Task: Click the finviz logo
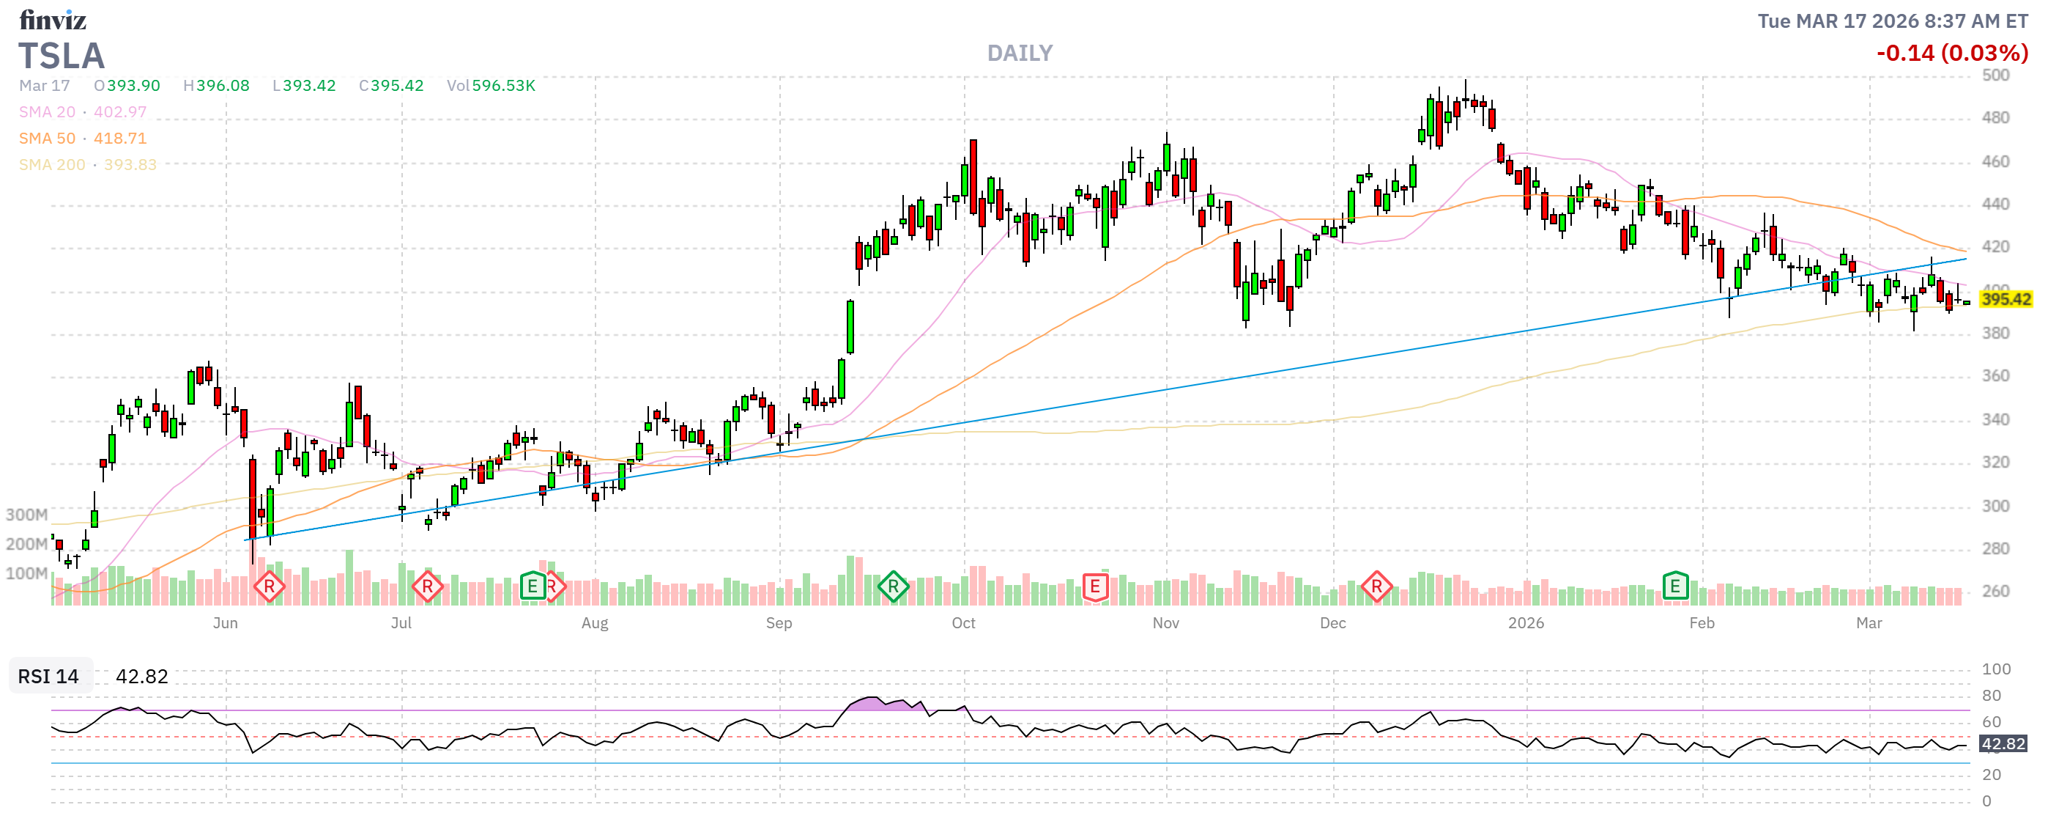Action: tap(53, 19)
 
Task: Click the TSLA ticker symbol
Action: tap(62, 56)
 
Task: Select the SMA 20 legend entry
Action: tap(83, 112)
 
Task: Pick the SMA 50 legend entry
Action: tap(83, 139)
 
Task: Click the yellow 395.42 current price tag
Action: tap(2005, 300)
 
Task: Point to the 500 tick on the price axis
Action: tap(1995, 76)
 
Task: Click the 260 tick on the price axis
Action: tap(1995, 592)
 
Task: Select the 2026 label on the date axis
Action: tap(1525, 624)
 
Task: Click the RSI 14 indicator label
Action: tap(48, 677)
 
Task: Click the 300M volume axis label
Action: tap(26, 515)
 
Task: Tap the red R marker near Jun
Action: tap(269, 588)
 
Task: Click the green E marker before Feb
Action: tap(1674, 587)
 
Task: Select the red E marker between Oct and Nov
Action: tap(1094, 587)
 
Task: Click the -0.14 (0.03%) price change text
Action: tap(1951, 54)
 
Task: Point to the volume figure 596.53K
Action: tap(503, 86)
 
